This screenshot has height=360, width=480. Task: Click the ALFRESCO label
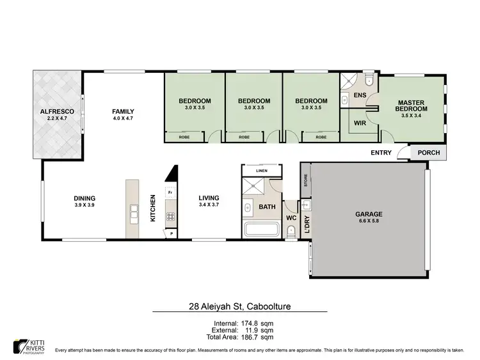coord(57,112)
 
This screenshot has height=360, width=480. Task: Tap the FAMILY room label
coord(124,112)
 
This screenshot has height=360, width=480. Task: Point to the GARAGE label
coord(369,214)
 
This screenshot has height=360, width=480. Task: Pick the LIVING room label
coord(209,198)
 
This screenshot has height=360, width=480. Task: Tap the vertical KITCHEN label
coord(153,208)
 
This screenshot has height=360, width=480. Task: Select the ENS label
coord(360,95)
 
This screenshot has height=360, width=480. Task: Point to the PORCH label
coord(429,153)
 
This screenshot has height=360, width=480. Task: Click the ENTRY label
coord(381,153)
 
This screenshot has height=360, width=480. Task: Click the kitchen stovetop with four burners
coord(171,216)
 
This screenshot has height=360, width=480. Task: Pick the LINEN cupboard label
coord(261,171)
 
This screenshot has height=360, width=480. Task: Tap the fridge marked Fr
coord(170,192)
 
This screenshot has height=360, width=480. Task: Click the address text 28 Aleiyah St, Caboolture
coord(239,307)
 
